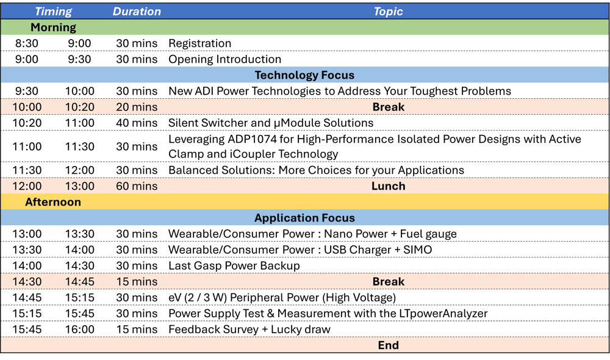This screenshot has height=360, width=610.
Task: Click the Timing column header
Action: (x=53, y=12)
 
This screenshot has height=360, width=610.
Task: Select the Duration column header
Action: (x=137, y=12)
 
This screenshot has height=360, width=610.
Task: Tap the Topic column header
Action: (x=388, y=12)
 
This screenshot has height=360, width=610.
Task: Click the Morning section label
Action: (x=53, y=27)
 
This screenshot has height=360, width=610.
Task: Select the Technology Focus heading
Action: (x=304, y=75)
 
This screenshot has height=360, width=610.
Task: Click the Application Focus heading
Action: (x=304, y=218)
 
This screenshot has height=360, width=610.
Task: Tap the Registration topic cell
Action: (x=199, y=43)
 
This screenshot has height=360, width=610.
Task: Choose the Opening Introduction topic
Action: (x=224, y=59)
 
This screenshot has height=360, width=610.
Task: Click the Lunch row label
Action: (x=388, y=186)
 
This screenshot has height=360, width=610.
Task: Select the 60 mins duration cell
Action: (x=137, y=186)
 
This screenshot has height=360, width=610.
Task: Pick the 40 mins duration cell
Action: (x=137, y=123)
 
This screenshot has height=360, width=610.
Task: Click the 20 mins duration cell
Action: (x=137, y=107)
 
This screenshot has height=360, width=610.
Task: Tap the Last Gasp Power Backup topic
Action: (x=234, y=265)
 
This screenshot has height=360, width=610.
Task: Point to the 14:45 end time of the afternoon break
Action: (x=79, y=281)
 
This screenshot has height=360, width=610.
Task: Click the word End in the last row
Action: (x=388, y=345)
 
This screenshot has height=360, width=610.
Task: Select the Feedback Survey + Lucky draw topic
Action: (x=249, y=329)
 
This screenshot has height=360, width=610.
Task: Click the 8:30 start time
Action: (x=27, y=43)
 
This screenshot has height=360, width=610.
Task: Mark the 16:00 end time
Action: (x=79, y=329)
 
